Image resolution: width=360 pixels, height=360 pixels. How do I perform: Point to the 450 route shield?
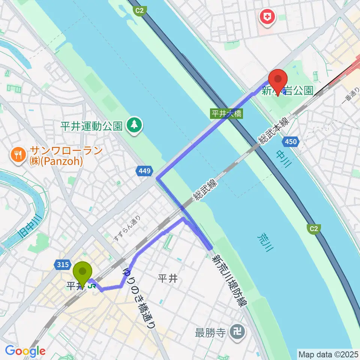click(291, 142)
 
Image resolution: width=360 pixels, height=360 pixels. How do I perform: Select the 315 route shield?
click(63, 265)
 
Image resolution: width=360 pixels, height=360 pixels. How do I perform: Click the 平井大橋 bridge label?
click(226, 114)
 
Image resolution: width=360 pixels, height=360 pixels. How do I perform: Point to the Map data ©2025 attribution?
click(328, 354)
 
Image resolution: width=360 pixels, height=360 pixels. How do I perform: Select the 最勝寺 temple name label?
click(210, 331)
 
